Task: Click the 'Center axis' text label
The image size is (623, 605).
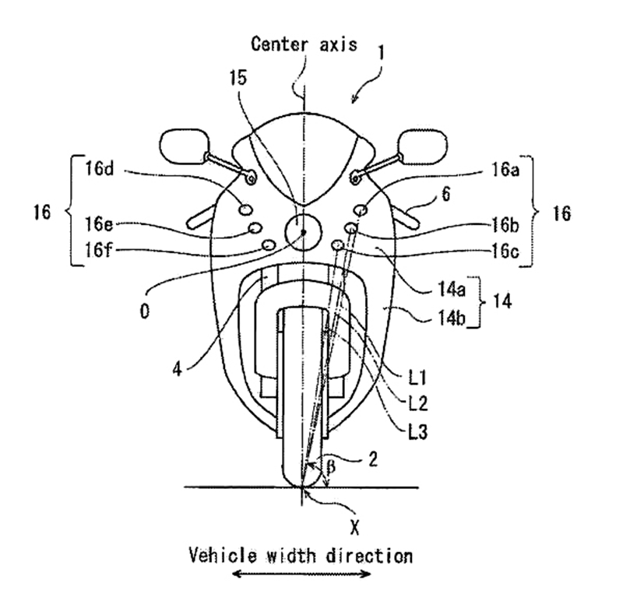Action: (304, 44)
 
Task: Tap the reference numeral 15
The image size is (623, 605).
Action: (238, 78)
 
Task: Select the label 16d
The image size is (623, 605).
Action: (100, 168)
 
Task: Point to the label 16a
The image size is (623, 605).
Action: (505, 170)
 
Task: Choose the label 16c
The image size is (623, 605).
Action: (505, 251)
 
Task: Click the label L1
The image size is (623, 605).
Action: (417, 378)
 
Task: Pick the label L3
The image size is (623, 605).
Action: (418, 431)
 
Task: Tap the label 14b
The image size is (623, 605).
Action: (452, 318)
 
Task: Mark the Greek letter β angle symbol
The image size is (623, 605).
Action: (330, 466)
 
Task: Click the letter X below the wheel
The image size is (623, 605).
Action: (355, 528)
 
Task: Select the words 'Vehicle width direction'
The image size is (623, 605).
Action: (301, 555)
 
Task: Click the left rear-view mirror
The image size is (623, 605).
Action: (185, 146)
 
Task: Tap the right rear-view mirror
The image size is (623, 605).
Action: (422, 146)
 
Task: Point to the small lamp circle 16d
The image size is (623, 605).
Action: (245, 209)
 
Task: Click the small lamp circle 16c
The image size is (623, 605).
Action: (338, 244)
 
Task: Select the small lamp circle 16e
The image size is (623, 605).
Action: (255, 227)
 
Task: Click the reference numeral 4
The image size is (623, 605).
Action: (178, 370)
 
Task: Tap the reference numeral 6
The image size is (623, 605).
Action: (446, 194)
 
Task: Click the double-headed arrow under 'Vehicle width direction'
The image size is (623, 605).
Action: (301, 574)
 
